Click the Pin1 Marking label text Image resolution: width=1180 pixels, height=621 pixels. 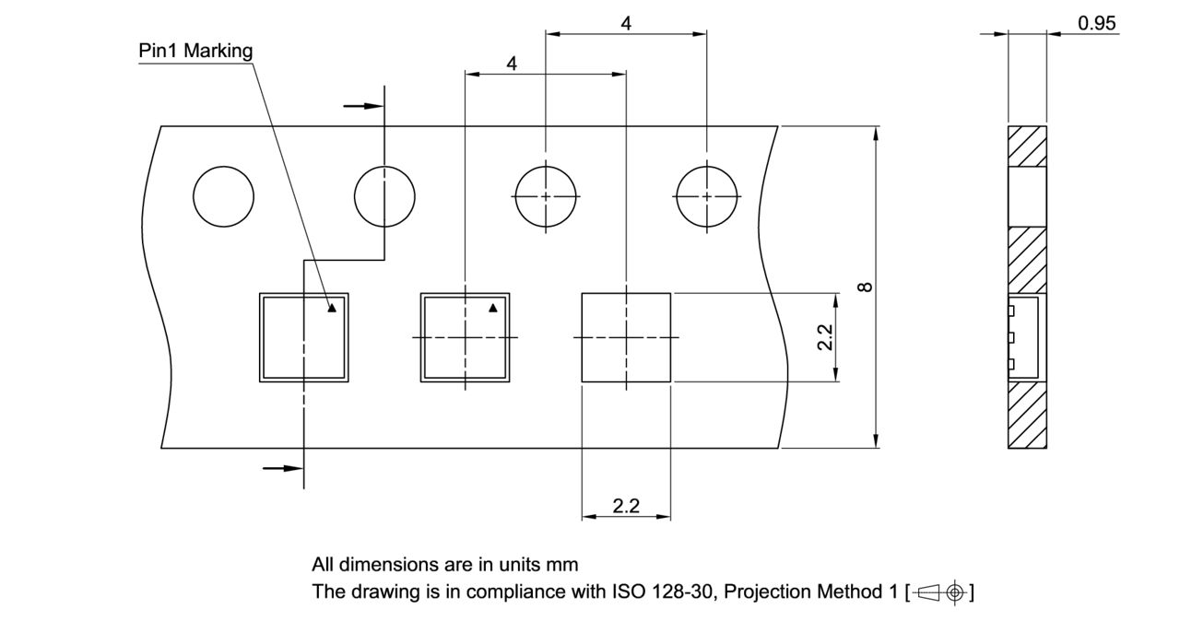pyautogui.click(x=195, y=51)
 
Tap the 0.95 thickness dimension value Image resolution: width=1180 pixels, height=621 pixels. pyautogui.click(x=1097, y=24)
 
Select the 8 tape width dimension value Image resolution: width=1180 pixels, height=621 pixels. pyautogui.click(x=865, y=287)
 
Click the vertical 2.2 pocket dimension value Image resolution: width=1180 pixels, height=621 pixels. pyautogui.click(x=825, y=337)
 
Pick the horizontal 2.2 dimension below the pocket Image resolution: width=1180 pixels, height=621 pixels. pyautogui.click(x=626, y=506)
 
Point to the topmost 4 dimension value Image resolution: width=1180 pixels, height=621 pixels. pyautogui.click(x=626, y=24)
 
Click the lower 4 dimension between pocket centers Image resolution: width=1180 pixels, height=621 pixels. pyautogui.click(x=512, y=64)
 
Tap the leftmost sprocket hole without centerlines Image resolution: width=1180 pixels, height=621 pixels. pyautogui.click(x=224, y=197)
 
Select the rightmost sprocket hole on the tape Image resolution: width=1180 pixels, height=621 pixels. pyautogui.click(x=707, y=197)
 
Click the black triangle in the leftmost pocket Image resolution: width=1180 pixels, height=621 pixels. pyautogui.click(x=332, y=309)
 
